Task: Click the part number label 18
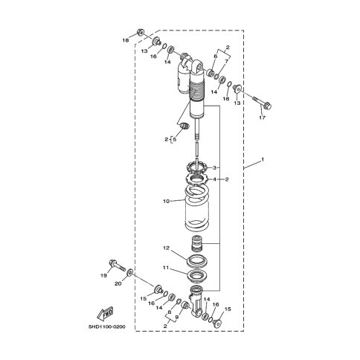coord(126,40)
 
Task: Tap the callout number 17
coord(262,118)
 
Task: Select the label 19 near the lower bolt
coord(103,275)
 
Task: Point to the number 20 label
coord(118,283)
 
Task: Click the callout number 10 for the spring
coord(166,201)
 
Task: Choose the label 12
coord(166,248)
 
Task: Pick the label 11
coord(166,268)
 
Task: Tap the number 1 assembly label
coord(263,159)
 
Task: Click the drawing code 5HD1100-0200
coord(107,327)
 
